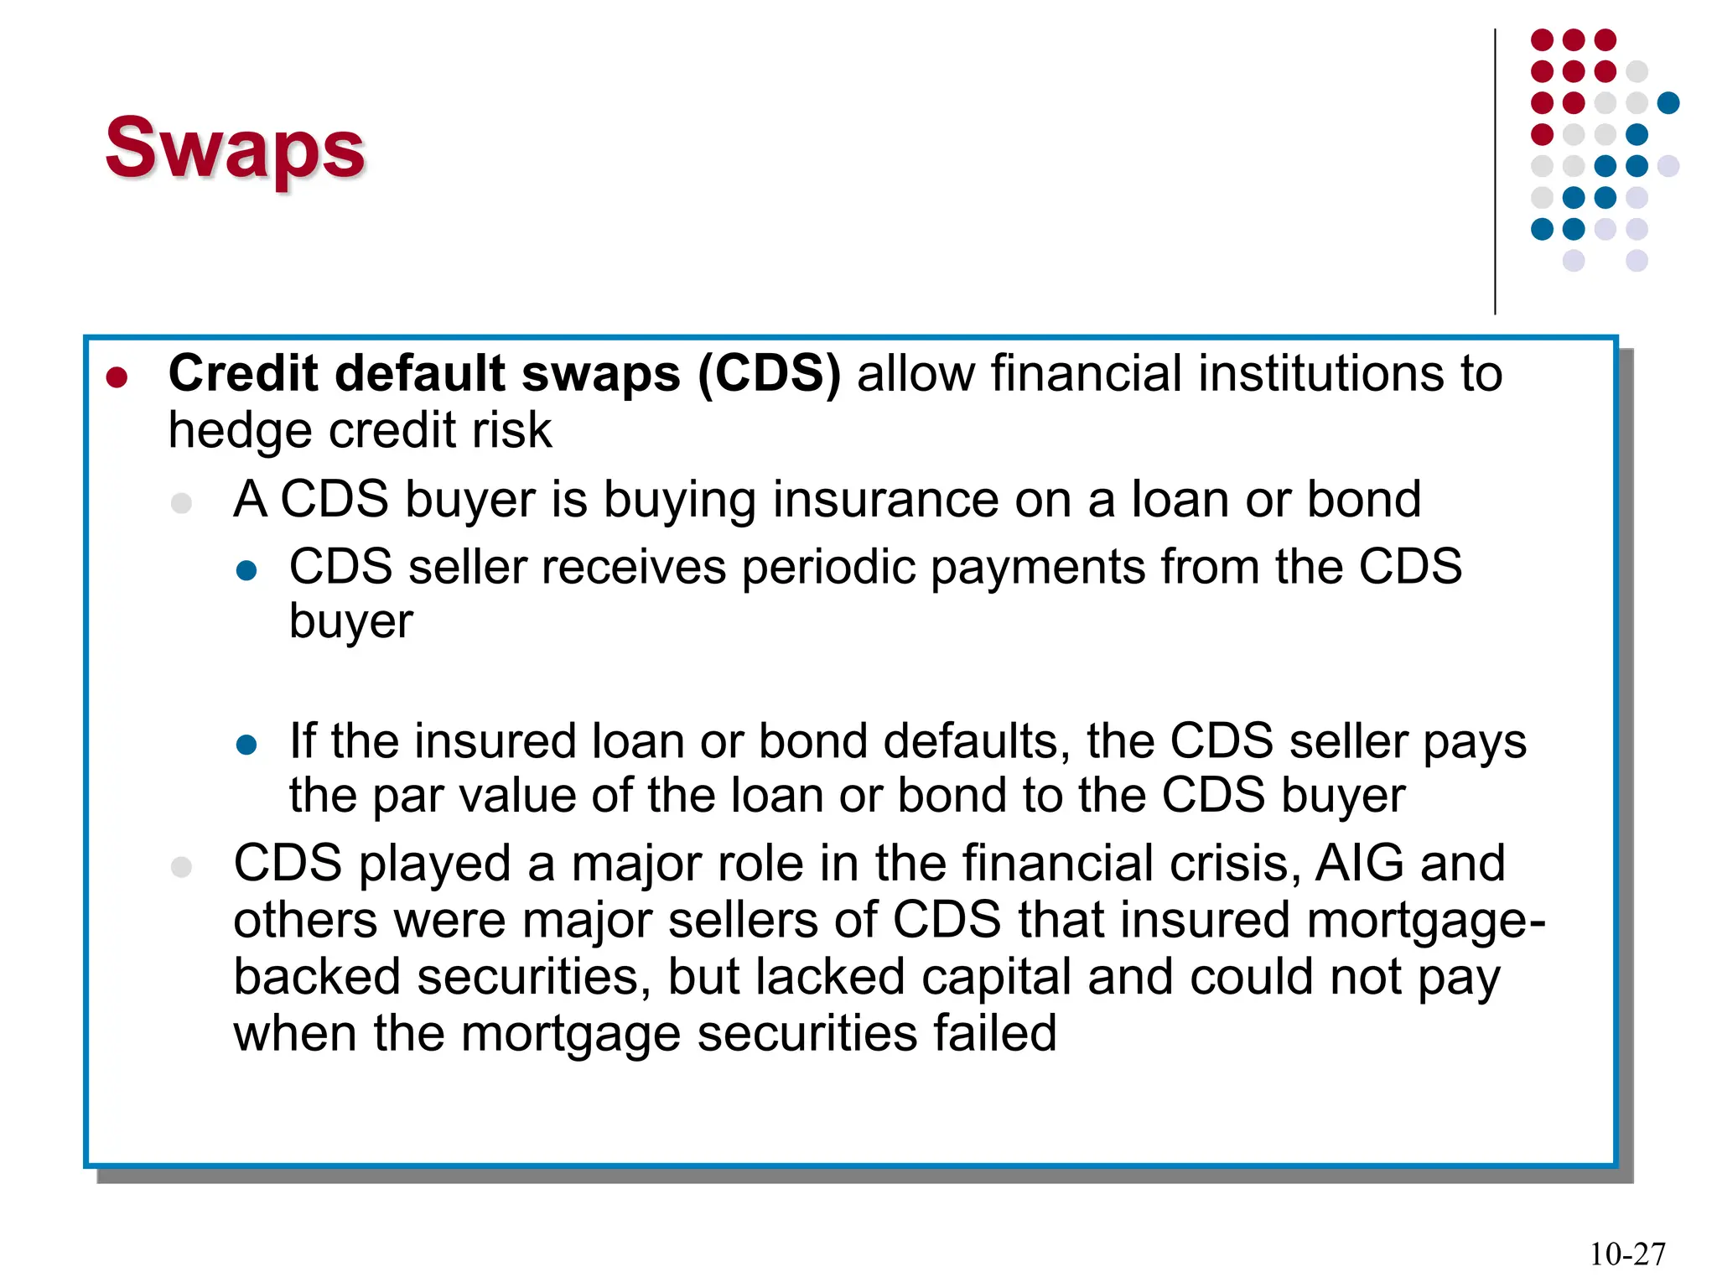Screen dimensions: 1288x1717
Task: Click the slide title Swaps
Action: (x=235, y=148)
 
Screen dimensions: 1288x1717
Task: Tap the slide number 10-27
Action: (x=1627, y=1254)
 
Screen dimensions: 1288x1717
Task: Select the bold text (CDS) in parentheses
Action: (x=769, y=373)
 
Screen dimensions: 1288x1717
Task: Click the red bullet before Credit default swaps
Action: (x=117, y=377)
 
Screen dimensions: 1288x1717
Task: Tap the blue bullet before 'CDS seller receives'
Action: (x=246, y=571)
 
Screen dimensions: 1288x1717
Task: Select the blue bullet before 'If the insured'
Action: (x=246, y=745)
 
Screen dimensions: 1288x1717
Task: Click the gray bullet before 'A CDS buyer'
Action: (x=181, y=503)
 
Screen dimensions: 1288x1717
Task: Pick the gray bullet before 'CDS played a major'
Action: (x=181, y=866)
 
